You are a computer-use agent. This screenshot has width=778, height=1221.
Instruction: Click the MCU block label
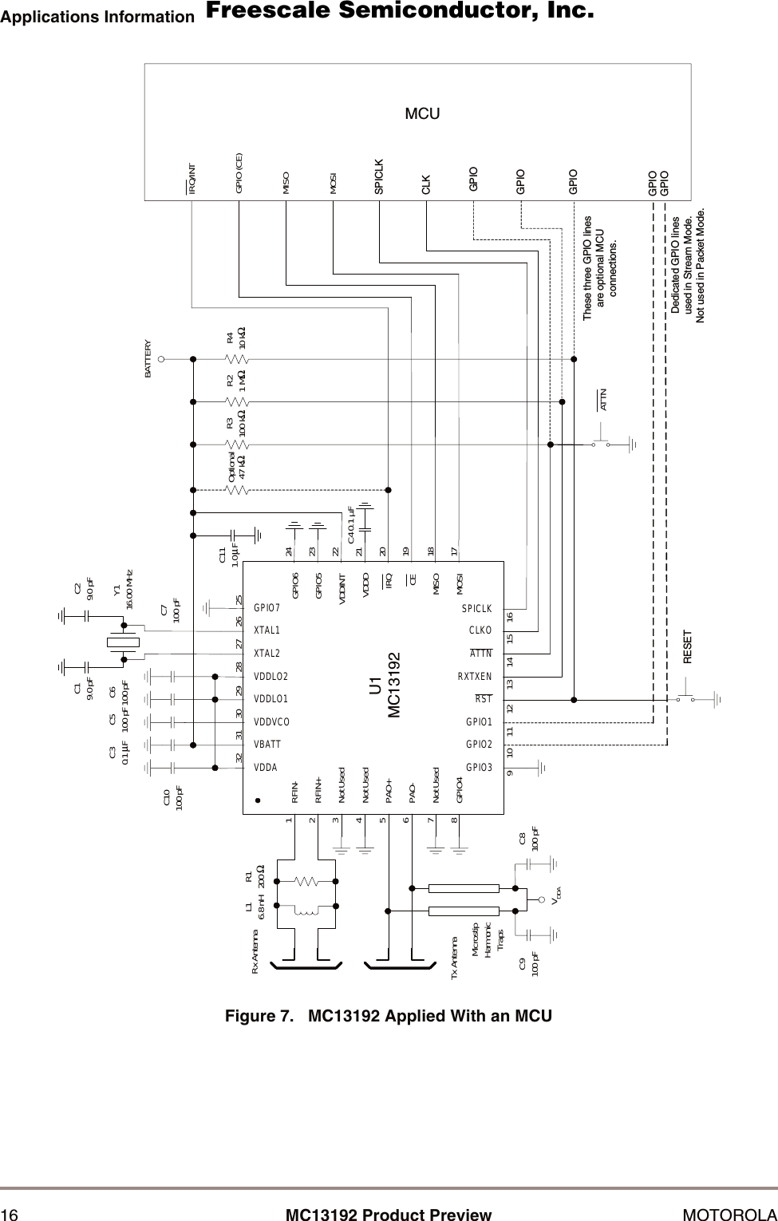coord(422,113)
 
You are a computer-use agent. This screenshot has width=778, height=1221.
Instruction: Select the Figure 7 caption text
coord(389,1016)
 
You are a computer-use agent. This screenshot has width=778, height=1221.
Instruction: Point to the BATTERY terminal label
coord(148,359)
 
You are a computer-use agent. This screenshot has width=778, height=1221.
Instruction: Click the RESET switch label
coord(687,647)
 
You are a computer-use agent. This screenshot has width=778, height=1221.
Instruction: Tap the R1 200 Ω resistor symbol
coord(307,882)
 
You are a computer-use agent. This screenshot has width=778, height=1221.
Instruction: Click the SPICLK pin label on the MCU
coord(379,176)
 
